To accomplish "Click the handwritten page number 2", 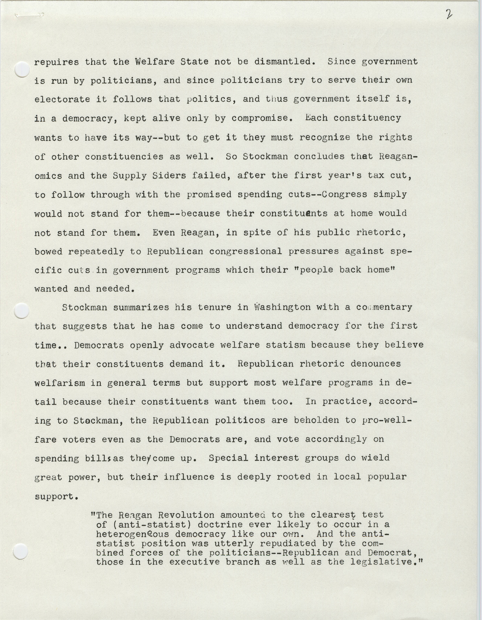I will tap(449, 14).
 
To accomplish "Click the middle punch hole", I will tap(22, 310).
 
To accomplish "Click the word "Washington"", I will tap(282, 307).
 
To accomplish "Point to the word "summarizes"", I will tap(138, 307).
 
